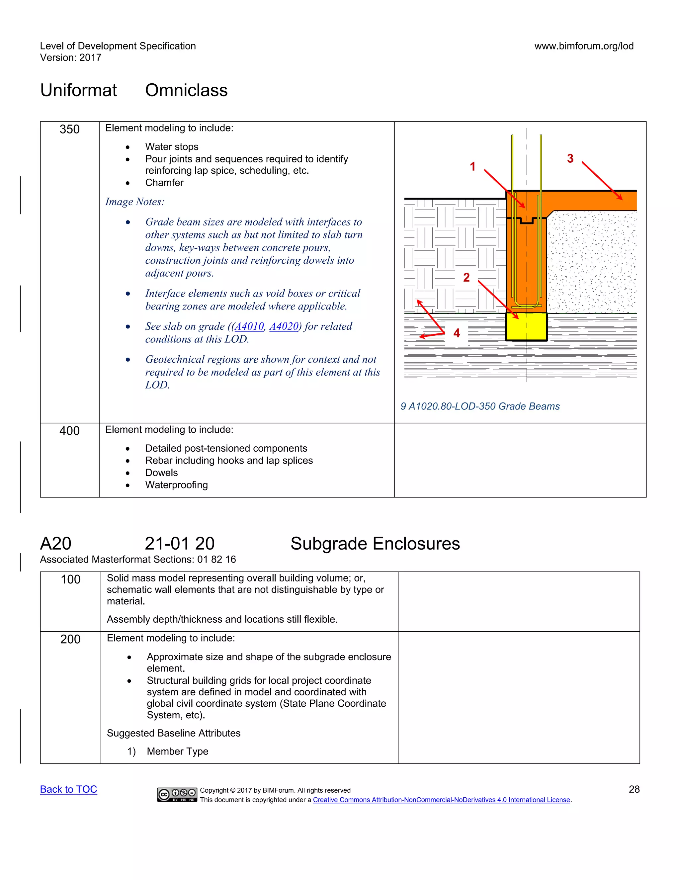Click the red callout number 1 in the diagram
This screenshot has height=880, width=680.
tap(472, 166)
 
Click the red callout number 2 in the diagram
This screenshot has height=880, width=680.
tap(466, 277)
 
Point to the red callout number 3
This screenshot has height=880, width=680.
tap(570, 158)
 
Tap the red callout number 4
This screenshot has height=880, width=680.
tap(457, 333)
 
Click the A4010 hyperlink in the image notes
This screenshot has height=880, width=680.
tap(249, 326)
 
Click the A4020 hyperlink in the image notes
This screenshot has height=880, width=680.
tap(284, 326)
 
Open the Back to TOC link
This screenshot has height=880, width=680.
tap(68, 789)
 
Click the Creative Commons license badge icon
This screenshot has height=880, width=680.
tap(177, 794)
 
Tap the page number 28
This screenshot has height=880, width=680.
tap(634, 789)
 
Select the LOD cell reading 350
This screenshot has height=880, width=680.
tap(70, 129)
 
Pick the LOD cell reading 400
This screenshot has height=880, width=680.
tap(70, 431)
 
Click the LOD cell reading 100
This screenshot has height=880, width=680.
tap(70, 579)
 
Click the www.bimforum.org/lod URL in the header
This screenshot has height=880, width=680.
tap(584, 46)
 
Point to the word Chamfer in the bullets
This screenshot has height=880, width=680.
tap(164, 183)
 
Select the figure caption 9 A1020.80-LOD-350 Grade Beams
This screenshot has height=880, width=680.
tap(480, 406)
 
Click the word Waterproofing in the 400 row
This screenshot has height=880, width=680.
tap(176, 485)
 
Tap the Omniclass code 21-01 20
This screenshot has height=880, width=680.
tap(180, 544)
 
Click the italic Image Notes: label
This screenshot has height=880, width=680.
tap(134, 202)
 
